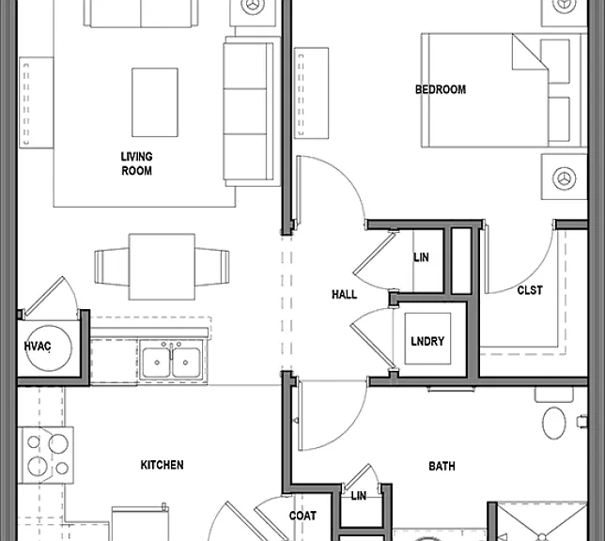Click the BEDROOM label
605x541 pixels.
click(x=441, y=89)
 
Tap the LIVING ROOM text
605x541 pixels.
click(x=136, y=163)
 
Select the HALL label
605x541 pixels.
click(x=345, y=295)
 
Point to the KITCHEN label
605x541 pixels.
click(x=162, y=465)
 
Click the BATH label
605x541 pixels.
click(x=442, y=466)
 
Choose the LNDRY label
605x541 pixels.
click(x=427, y=341)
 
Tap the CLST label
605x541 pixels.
click(x=530, y=290)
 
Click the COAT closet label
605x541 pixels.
click(x=302, y=516)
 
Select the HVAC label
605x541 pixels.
click(x=38, y=347)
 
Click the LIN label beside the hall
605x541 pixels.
click(x=421, y=257)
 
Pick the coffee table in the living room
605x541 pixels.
click(x=155, y=102)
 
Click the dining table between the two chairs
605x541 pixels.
click(x=162, y=267)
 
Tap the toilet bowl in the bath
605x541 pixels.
click(x=554, y=423)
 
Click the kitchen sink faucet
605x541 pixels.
click(x=171, y=349)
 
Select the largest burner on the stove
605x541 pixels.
click(x=58, y=443)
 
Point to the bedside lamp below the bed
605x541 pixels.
click(x=564, y=178)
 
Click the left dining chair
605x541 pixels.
click(x=112, y=267)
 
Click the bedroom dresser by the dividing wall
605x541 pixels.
click(x=311, y=93)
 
